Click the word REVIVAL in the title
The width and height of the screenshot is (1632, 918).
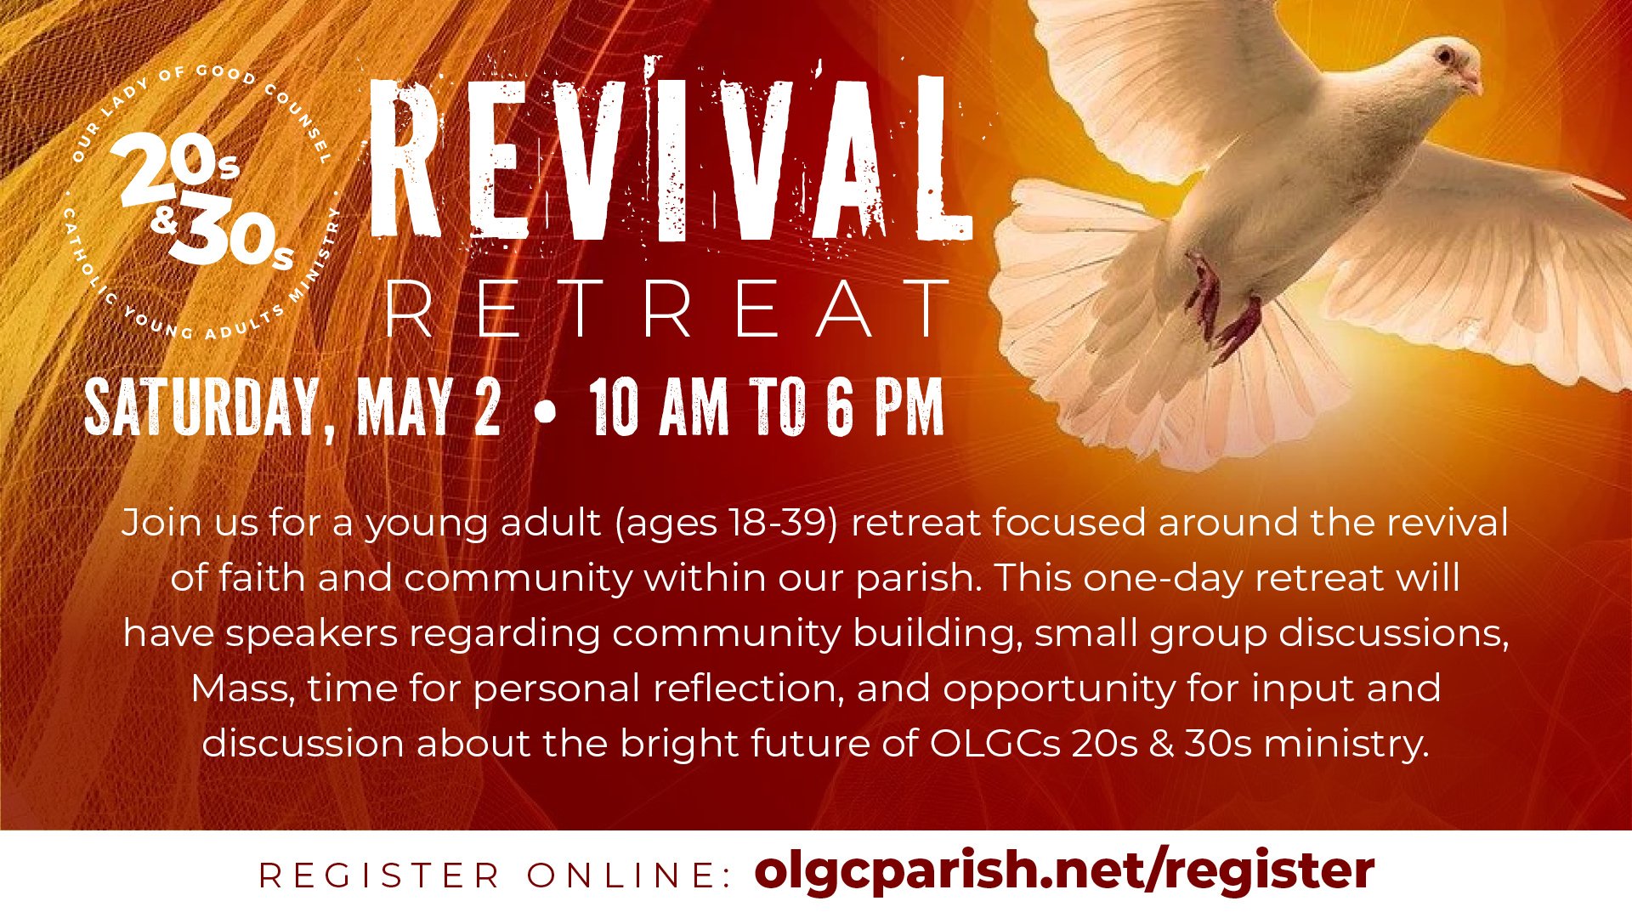pos(672,157)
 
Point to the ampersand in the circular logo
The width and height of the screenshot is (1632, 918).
pos(163,219)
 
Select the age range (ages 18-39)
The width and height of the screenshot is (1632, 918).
pos(727,523)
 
